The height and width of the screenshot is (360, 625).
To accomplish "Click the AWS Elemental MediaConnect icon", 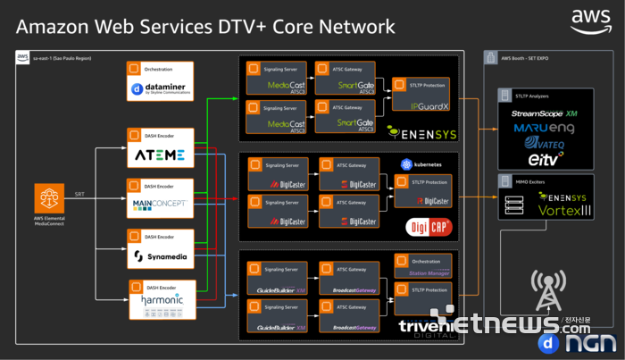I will (x=49, y=199).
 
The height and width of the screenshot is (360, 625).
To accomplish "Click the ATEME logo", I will (x=160, y=156).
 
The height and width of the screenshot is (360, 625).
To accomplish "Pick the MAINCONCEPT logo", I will (x=160, y=205).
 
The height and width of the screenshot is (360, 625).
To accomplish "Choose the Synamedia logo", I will (x=160, y=256).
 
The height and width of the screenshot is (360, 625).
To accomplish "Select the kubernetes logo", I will (x=422, y=165).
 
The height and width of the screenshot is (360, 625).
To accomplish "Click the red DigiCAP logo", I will (x=425, y=226).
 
